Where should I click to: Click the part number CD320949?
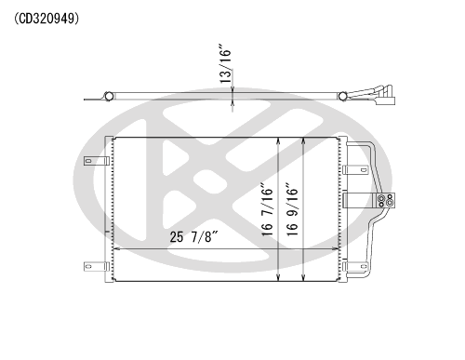[x=46, y=19]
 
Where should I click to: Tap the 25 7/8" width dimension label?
[x=194, y=237]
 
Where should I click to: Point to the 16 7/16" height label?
[x=267, y=209]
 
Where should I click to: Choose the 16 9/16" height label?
[x=292, y=209]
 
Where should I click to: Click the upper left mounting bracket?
[x=97, y=161]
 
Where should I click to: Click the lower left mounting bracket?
[x=97, y=266]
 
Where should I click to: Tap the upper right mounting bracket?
[x=355, y=169]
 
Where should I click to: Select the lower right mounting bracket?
[x=355, y=266]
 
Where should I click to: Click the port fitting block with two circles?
[x=385, y=200]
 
